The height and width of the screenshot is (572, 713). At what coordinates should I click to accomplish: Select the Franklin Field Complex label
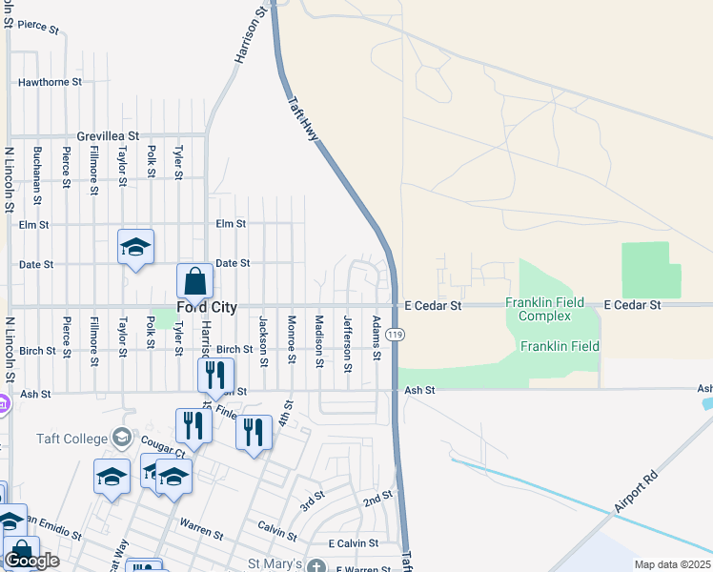pos(544,309)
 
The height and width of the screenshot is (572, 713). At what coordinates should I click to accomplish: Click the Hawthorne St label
pos(50,82)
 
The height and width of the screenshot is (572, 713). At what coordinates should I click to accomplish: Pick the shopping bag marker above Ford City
pos(194,282)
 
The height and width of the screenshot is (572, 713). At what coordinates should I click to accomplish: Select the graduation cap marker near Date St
pos(135,247)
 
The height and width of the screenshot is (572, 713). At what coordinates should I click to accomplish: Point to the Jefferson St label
pos(347,338)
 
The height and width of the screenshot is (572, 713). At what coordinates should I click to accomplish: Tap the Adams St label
pos(377,338)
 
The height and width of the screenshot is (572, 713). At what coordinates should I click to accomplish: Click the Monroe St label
pos(292,338)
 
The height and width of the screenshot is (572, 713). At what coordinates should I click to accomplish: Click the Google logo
pos(31,560)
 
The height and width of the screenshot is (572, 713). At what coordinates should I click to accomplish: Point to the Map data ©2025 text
pos(672,564)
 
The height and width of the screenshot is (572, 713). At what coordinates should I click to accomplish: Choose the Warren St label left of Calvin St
pos(201,526)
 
